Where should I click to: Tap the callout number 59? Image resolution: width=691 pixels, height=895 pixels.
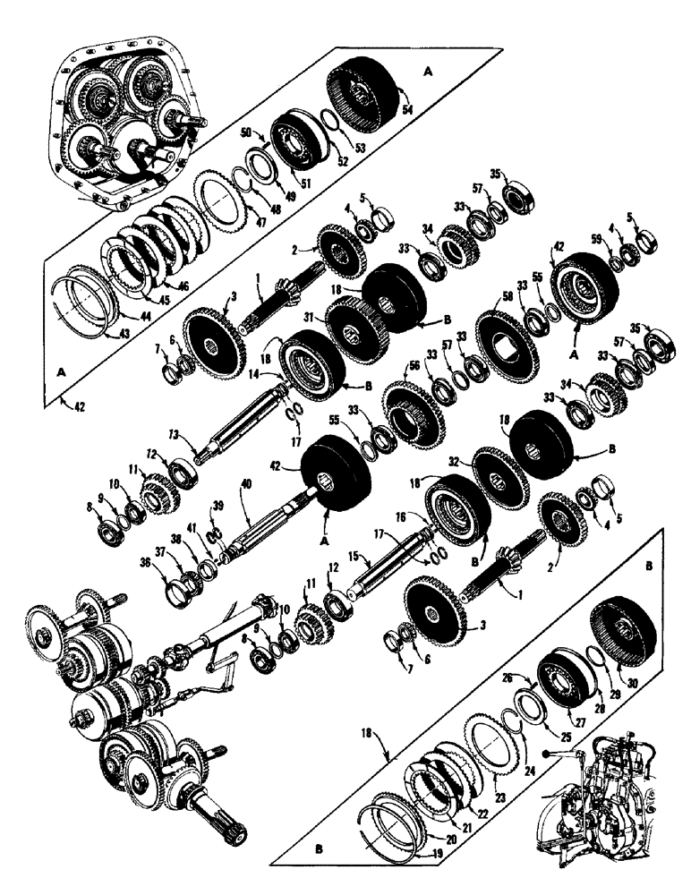coord(594,235)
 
